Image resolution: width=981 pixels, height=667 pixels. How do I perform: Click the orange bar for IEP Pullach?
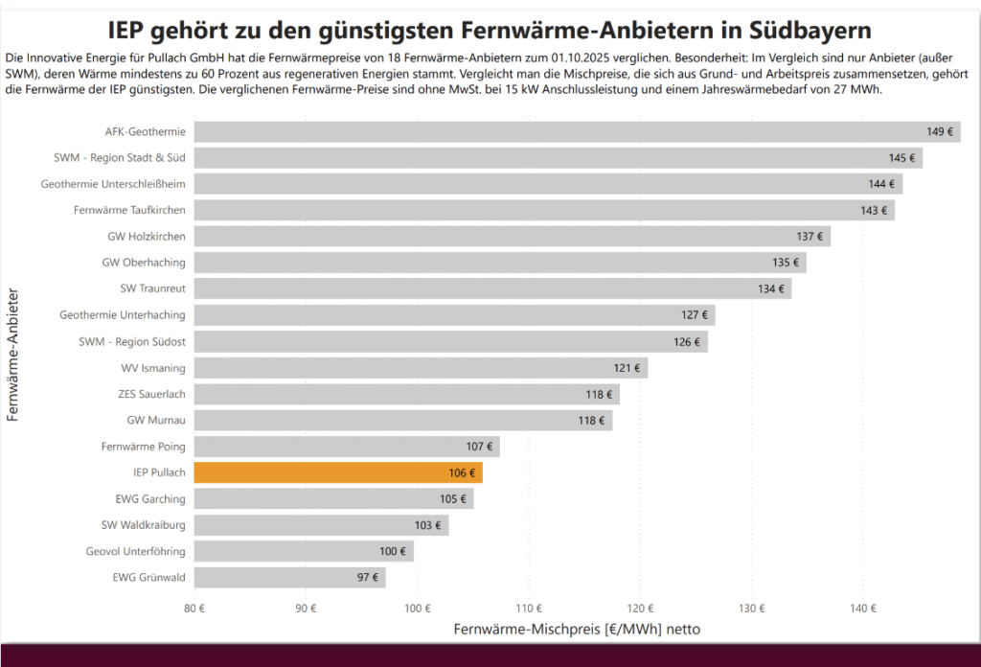point(338,472)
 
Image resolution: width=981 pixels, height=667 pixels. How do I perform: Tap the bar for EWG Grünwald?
point(289,577)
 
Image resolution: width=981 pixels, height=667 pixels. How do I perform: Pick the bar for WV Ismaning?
point(421,367)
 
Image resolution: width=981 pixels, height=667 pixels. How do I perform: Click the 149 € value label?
point(940,131)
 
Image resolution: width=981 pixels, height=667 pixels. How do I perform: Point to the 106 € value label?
point(462,472)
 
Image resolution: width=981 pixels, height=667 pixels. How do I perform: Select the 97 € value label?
point(368,577)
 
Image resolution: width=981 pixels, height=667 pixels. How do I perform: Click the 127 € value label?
point(695,314)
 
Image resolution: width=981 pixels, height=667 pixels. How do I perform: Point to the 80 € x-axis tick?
point(194,607)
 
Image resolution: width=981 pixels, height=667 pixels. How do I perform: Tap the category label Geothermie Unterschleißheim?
point(113,183)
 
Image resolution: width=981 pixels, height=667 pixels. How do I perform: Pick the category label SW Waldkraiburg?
point(144,524)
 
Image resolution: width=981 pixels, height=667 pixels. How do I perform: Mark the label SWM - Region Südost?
point(132,341)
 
